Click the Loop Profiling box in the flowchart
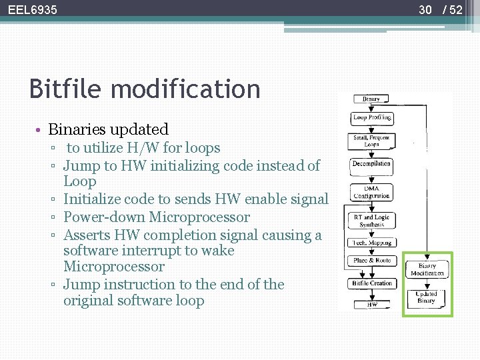(x=371, y=118)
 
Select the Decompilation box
(x=371, y=163)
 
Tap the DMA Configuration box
(x=371, y=192)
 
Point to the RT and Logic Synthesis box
(x=371, y=221)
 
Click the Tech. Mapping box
(x=371, y=242)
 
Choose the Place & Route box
(x=371, y=261)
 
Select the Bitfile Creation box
(x=371, y=283)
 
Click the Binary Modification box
(x=427, y=269)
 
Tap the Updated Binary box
(x=427, y=297)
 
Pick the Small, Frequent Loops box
(x=371, y=141)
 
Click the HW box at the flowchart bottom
(x=371, y=305)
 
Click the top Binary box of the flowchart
(x=371, y=99)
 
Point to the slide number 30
(x=425, y=9)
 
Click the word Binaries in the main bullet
(x=80, y=129)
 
